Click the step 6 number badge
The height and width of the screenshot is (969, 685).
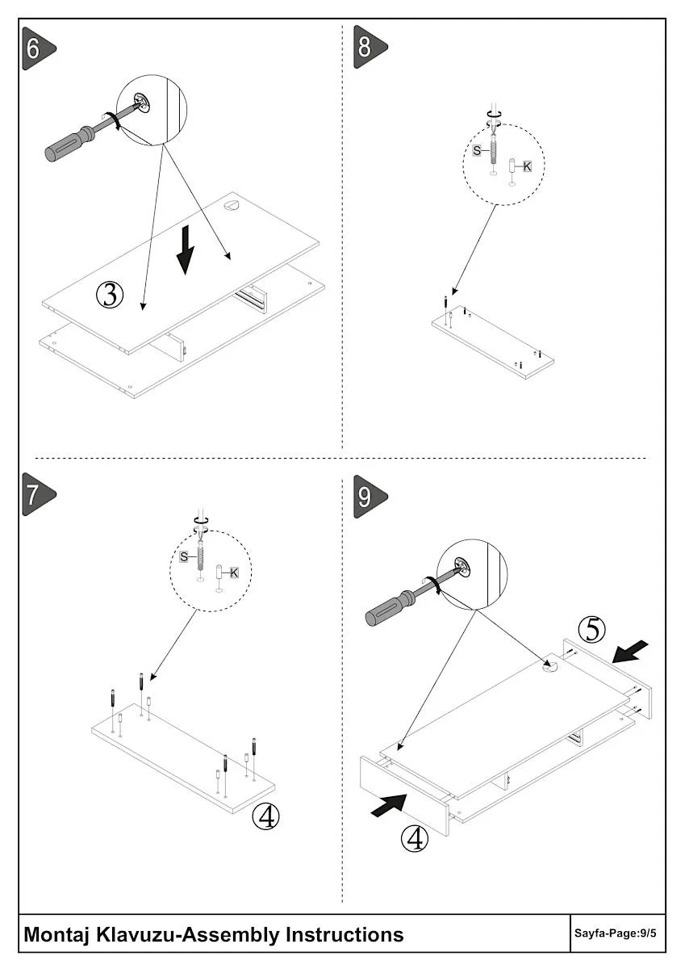click(x=35, y=48)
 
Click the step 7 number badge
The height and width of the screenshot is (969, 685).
click(x=35, y=494)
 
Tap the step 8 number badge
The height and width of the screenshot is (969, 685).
click(x=367, y=47)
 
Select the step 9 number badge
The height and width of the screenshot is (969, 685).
click(x=367, y=496)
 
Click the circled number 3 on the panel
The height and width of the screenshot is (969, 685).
click(x=110, y=295)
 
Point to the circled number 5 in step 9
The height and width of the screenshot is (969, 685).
click(x=592, y=628)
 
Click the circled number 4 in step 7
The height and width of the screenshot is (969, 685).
click(x=265, y=816)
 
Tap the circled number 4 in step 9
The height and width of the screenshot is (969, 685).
click(x=415, y=839)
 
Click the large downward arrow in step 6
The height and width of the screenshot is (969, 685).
click(x=186, y=250)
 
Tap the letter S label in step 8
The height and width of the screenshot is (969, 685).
click(x=476, y=151)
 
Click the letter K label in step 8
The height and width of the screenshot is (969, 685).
click(x=527, y=166)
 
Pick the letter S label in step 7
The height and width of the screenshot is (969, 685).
click(x=184, y=557)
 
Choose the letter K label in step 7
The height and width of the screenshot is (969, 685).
click(x=234, y=573)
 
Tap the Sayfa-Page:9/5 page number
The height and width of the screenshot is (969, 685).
click(x=616, y=933)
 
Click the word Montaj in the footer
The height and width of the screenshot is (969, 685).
click(x=57, y=934)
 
